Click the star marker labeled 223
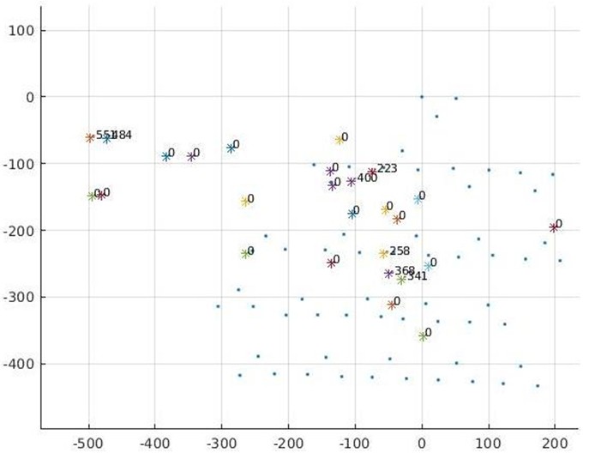(372, 172)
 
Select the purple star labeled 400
(351, 182)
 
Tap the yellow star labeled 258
(383, 254)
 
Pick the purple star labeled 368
(388, 274)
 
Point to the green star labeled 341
(401, 280)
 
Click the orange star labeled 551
(90, 138)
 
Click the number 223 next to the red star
(388, 169)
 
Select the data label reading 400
(367, 178)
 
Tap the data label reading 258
(400, 251)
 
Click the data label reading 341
(417, 276)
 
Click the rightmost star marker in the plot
(554, 228)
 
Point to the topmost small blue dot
(422, 97)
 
